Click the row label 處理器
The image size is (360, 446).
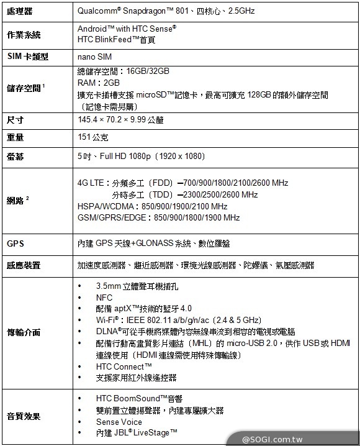click(20, 12)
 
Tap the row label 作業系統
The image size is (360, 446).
click(24, 34)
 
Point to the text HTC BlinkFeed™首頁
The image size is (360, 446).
click(116, 39)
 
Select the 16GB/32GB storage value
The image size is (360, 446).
click(148, 71)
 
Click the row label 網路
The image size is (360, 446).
click(16, 200)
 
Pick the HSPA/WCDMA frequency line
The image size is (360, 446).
click(152, 206)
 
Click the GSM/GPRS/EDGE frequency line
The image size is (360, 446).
click(158, 217)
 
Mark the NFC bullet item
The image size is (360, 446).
click(104, 298)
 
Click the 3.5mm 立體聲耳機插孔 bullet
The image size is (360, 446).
click(137, 286)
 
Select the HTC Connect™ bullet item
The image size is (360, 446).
click(124, 366)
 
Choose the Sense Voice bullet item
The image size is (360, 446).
click(119, 421)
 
